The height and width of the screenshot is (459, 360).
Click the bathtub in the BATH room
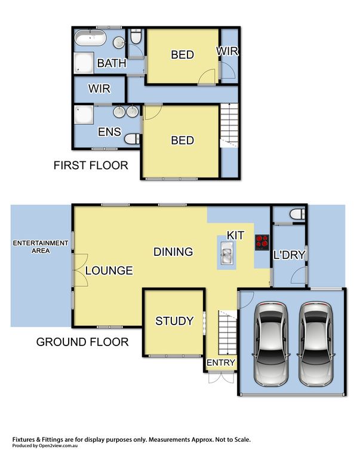pos(90,37)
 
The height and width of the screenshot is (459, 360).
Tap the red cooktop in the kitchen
pos(261,243)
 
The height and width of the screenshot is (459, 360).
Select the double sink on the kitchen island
pos(227,252)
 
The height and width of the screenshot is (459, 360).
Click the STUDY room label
pos(174,321)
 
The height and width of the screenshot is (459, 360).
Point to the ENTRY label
pos(221,362)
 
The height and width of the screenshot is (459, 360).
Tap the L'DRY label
pos(290,255)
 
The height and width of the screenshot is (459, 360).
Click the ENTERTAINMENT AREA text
pos(41,247)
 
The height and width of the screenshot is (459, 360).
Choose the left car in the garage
pos(271,344)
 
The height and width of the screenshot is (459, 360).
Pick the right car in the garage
pos(316,344)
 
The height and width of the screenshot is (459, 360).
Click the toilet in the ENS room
pos(132,139)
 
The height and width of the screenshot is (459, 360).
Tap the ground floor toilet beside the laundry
pos(297,215)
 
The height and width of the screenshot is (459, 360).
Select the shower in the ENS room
pos(84,115)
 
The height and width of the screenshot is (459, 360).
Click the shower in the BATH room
pos(84,63)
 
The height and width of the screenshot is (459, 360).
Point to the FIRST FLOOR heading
pos(91,166)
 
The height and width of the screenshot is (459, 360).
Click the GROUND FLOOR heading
pos(82,342)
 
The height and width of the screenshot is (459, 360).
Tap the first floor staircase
pos(229,126)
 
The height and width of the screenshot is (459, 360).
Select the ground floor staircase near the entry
pos(227,333)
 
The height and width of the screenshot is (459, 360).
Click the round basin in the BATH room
pos(119,43)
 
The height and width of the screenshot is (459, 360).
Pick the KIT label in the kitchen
pos(235,235)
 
